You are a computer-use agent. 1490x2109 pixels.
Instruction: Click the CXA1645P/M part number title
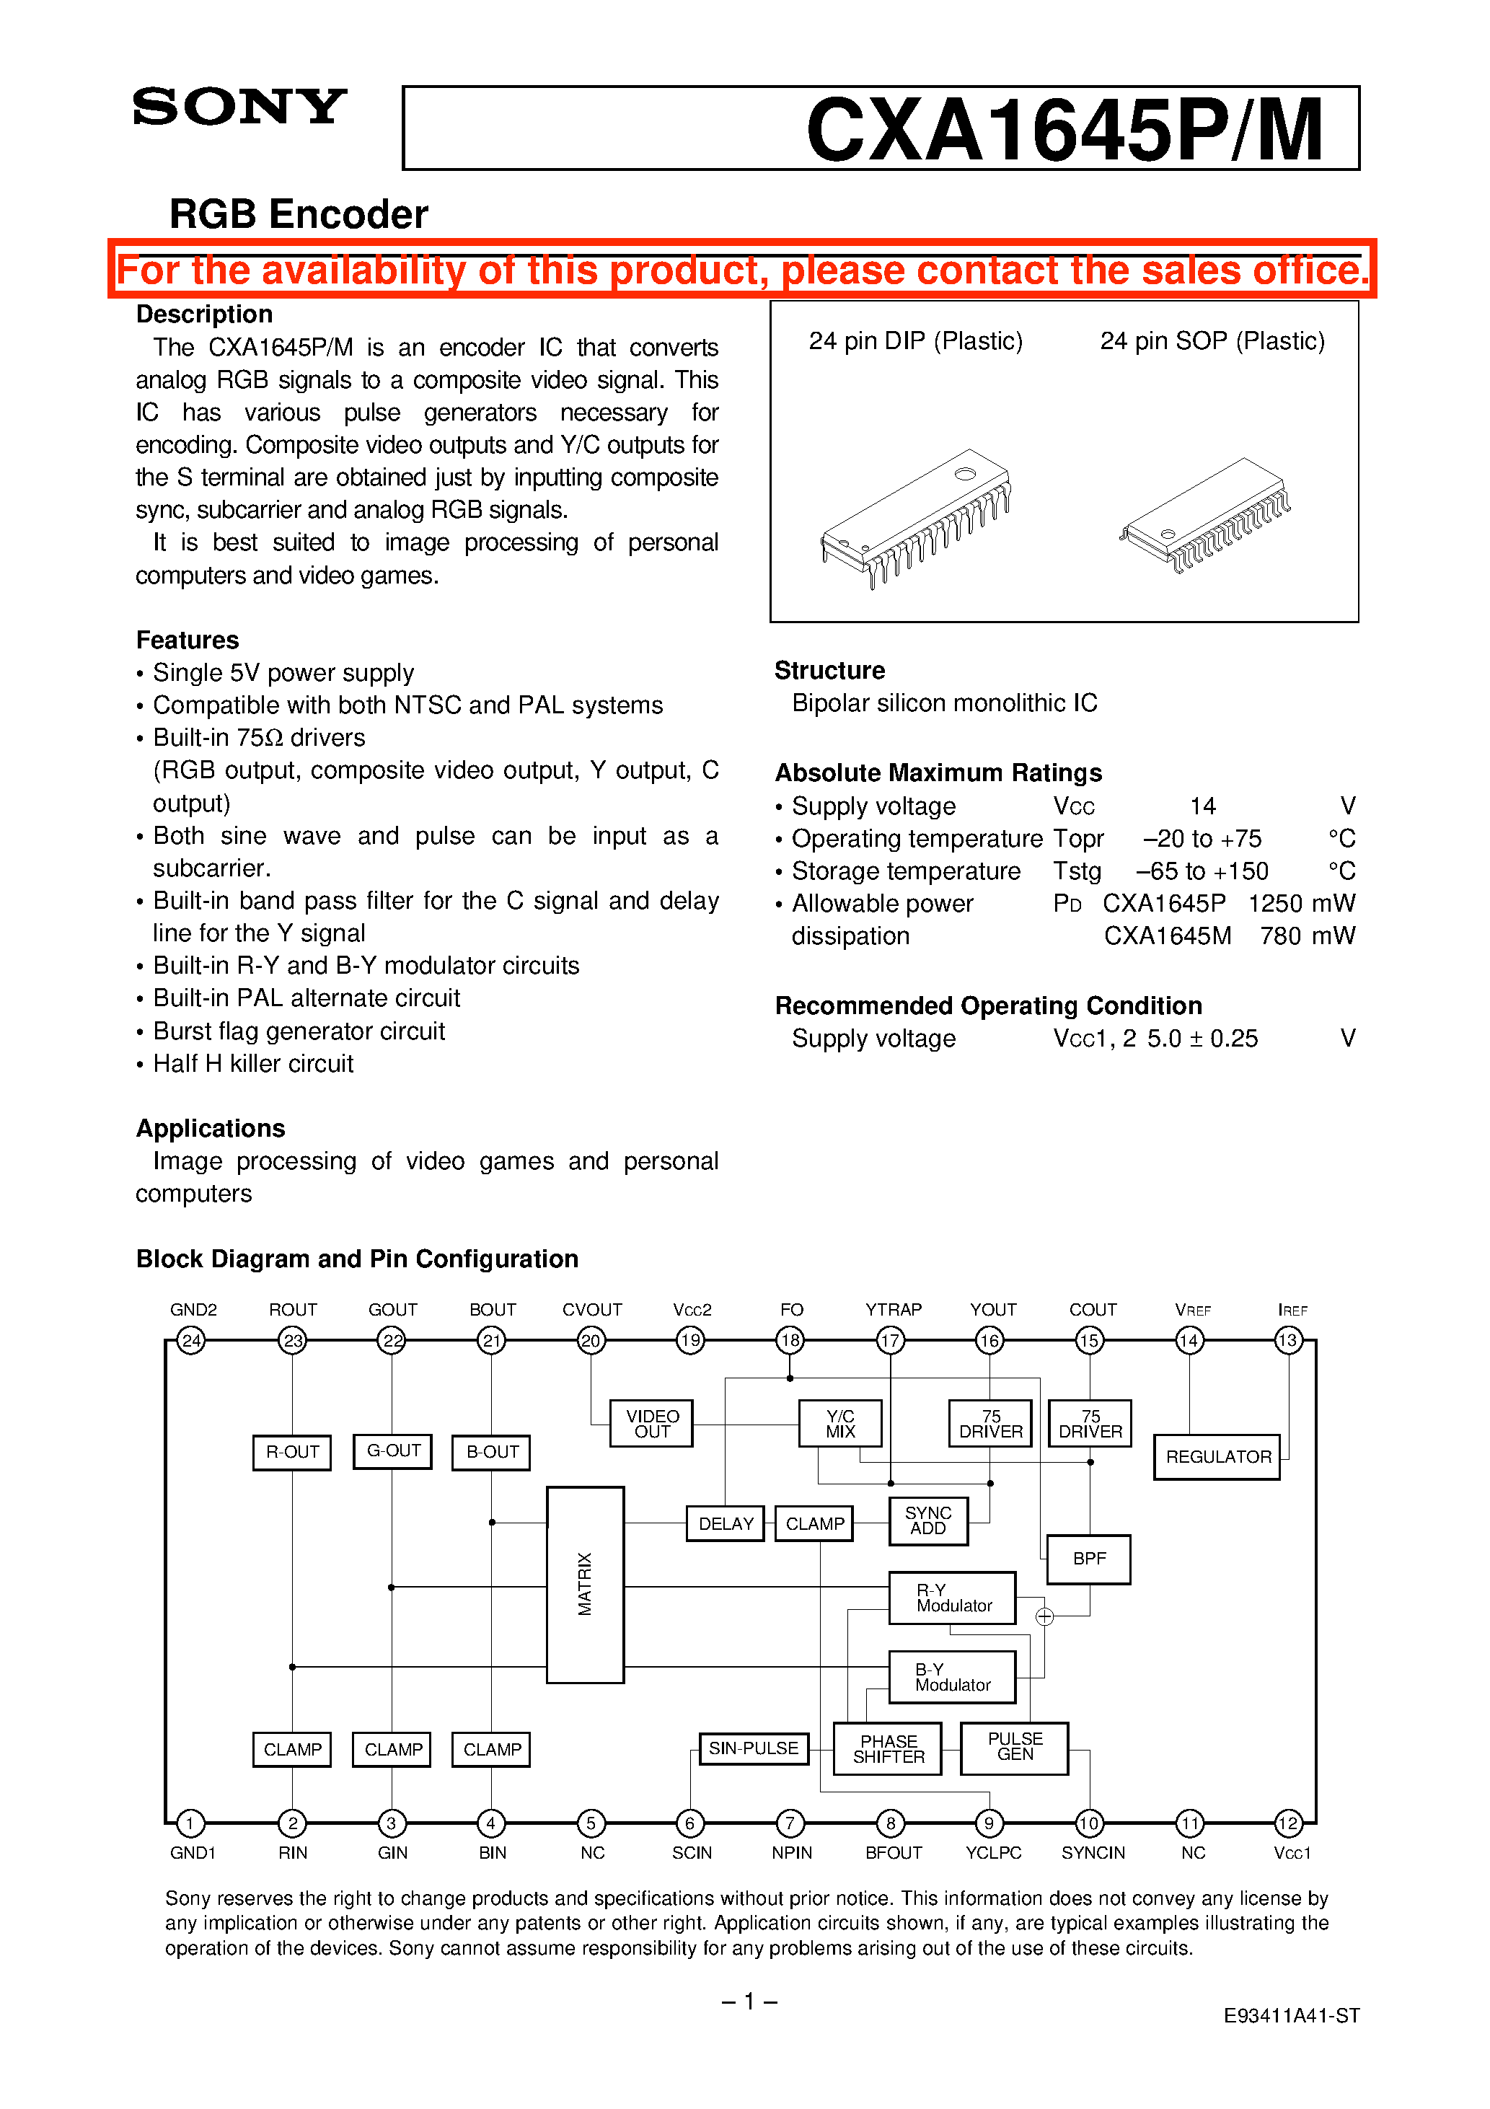point(1064,130)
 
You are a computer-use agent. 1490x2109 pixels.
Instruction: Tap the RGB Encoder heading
point(299,214)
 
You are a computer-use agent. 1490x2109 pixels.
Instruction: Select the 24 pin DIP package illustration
point(915,517)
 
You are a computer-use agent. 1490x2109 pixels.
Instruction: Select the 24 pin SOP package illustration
point(1204,514)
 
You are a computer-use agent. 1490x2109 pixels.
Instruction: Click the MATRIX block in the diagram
point(585,1585)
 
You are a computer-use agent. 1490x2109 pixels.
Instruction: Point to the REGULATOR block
point(1217,1457)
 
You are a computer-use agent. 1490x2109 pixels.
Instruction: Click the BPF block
point(1090,1559)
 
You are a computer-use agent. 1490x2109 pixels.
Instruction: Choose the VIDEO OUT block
point(651,1424)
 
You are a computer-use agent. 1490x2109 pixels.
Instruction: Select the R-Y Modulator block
point(953,1598)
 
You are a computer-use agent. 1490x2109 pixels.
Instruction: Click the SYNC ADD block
point(927,1521)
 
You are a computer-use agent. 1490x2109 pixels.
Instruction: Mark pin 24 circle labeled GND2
point(191,1340)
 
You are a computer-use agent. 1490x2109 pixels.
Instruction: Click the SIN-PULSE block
point(753,1748)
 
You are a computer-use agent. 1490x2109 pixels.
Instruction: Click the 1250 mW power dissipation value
point(1301,903)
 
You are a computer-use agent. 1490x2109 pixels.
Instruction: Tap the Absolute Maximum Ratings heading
point(938,772)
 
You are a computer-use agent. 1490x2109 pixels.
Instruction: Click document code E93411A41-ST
point(1291,2015)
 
